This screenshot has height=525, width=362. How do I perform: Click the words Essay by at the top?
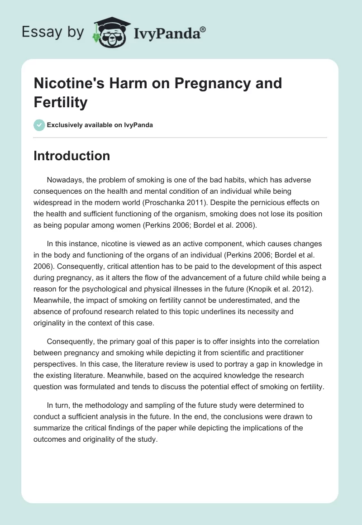click(52, 32)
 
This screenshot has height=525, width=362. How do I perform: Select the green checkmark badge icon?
click(39, 125)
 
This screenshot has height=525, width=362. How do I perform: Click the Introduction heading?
click(72, 156)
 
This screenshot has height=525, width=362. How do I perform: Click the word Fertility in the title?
click(61, 102)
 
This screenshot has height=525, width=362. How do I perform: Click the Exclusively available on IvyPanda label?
click(100, 125)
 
